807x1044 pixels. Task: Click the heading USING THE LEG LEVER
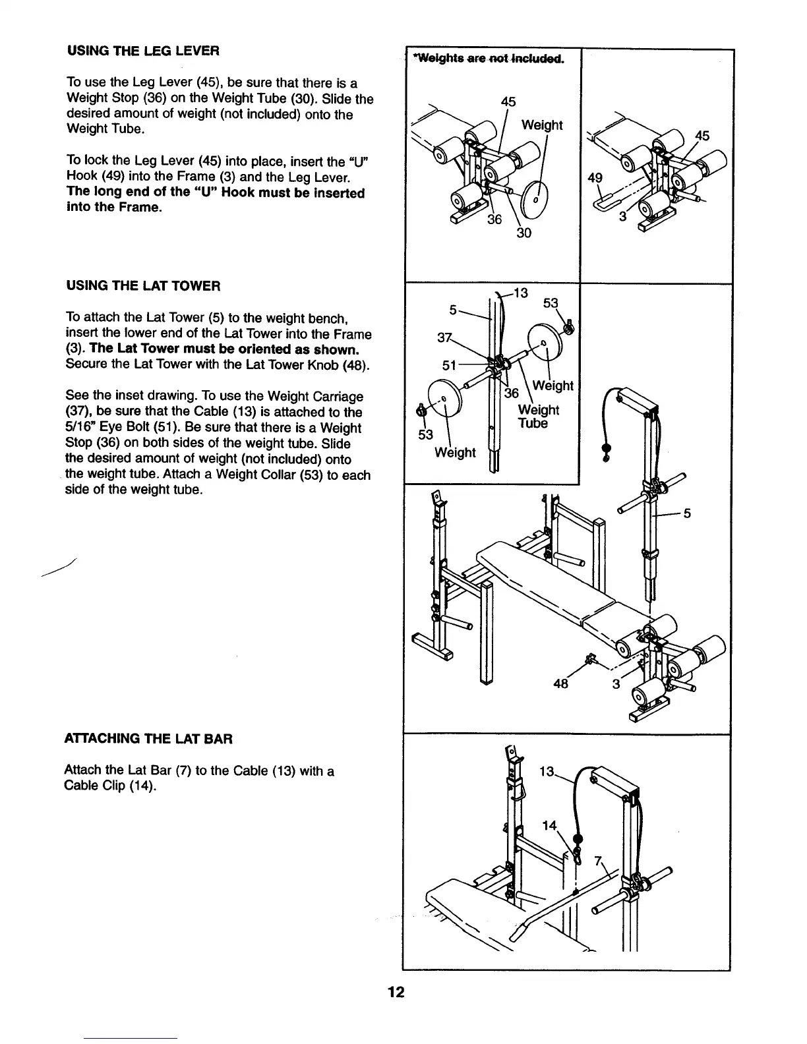[142, 51]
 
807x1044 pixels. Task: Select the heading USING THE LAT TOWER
[142, 285]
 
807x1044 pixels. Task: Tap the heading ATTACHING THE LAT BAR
[148, 739]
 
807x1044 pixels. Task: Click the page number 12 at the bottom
[396, 993]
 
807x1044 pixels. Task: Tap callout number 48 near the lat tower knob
[561, 683]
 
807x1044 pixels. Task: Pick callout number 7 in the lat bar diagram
[598, 860]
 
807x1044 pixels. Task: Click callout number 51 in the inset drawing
[449, 366]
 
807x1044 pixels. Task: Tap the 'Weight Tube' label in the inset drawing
[538, 417]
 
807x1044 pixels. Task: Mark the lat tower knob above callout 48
[590, 658]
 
